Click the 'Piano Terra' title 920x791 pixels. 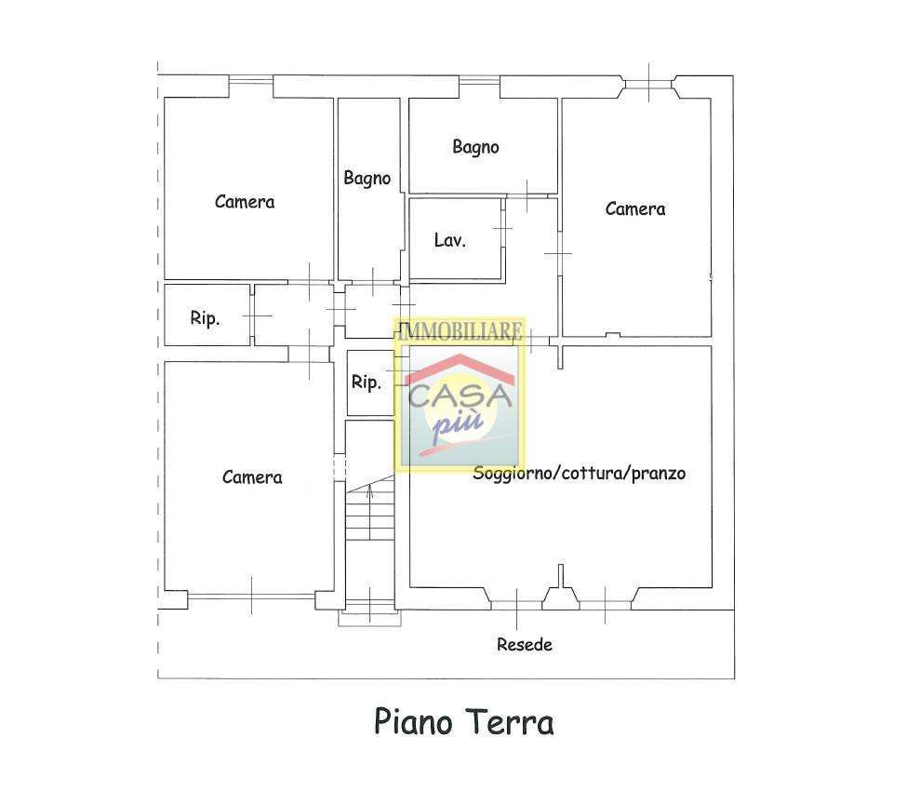click(463, 721)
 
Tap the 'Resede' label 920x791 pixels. click(525, 644)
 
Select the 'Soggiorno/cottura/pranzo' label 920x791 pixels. click(580, 473)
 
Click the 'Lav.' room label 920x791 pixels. click(450, 240)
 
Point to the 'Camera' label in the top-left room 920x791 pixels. click(245, 202)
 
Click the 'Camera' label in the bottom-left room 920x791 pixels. click(252, 477)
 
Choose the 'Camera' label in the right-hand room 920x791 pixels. click(635, 208)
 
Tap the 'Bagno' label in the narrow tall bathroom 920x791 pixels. click(367, 178)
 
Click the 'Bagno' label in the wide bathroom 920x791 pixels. click(476, 147)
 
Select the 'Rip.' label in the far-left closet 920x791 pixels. click(205, 318)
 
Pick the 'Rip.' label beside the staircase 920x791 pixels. click(367, 382)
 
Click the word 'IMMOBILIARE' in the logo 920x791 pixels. click(460, 331)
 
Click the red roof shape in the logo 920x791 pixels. click(460, 369)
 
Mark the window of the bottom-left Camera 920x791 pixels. click(251, 597)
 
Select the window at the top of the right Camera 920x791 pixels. click(648, 85)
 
